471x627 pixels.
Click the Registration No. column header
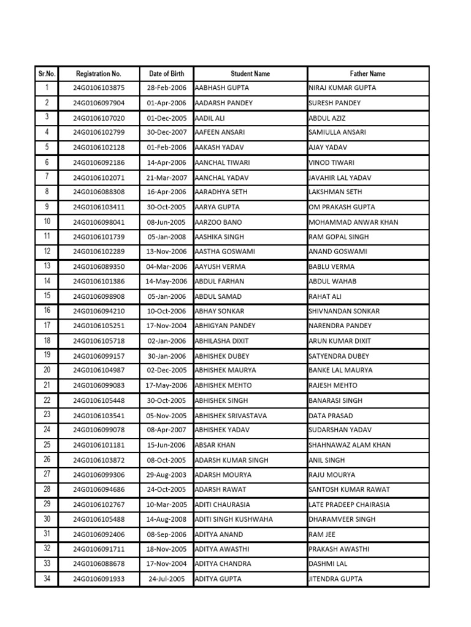pos(98,73)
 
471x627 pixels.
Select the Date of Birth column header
pos(166,73)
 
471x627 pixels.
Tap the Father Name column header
pos(367,73)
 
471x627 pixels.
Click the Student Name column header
pos(250,73)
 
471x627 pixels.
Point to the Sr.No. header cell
pos(47,73)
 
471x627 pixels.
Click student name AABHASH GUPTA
pos(221,88)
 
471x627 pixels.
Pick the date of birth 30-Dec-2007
pos(166,132)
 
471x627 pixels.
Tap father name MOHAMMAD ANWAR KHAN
pos(353,222)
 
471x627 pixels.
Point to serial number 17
pos(47,325)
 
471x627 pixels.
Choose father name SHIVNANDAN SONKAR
pos(344,311)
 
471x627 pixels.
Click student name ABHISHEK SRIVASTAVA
pos(231,416)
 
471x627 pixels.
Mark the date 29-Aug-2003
pos(166,475)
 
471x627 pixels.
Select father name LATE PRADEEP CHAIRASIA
pos(349,505)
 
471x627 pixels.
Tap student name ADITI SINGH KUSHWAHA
pos(234,519)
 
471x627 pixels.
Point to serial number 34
pos(47,579)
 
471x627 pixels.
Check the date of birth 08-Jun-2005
pos(166,222)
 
